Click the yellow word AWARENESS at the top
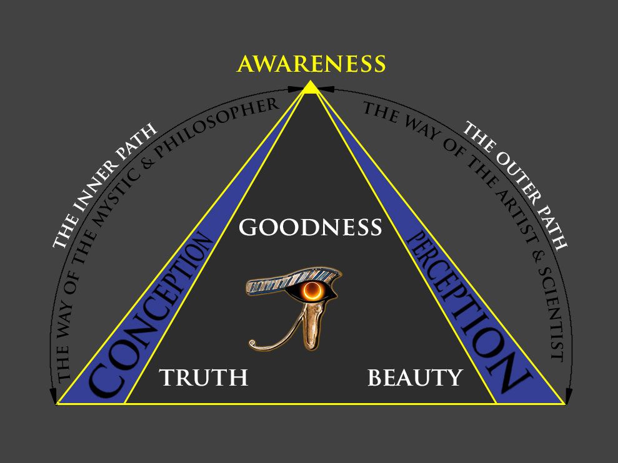(311, 64)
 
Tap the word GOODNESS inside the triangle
(310, 227)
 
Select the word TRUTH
(203, 378)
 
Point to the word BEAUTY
(415, 378)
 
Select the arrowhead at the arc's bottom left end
(53, 394)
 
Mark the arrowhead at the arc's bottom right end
(569, 394)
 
